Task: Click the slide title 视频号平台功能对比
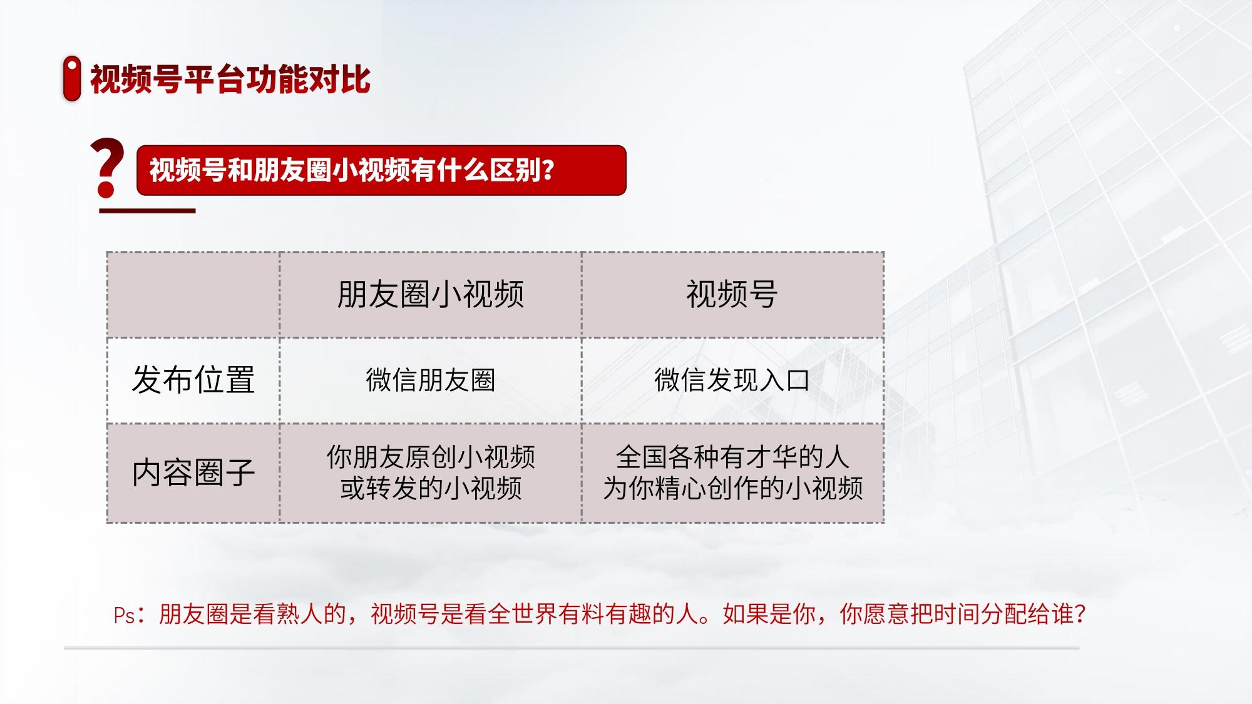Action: coord(230,79)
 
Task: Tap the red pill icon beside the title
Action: coord(72,78)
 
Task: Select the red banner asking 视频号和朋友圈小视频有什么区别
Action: coord(381,170)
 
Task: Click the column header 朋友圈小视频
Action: coord(431,294)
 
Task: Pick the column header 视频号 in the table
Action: coord(732,294)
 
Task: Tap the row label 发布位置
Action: coord(193,380)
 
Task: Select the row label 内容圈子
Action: coord(193,472)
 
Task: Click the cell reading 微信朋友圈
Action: coord(431,380)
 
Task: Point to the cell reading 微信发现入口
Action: coord(732,380)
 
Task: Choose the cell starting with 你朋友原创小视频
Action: coord(431,472)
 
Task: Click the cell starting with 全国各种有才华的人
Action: coord(732,472)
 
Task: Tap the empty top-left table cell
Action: coord(193,295)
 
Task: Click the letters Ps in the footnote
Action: coord(125,615)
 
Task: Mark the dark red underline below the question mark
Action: coord(148,210)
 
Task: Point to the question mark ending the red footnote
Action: coord(1079,614)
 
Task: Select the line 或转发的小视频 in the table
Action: coord(431,488)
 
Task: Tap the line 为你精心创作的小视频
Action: coord(732,488)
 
